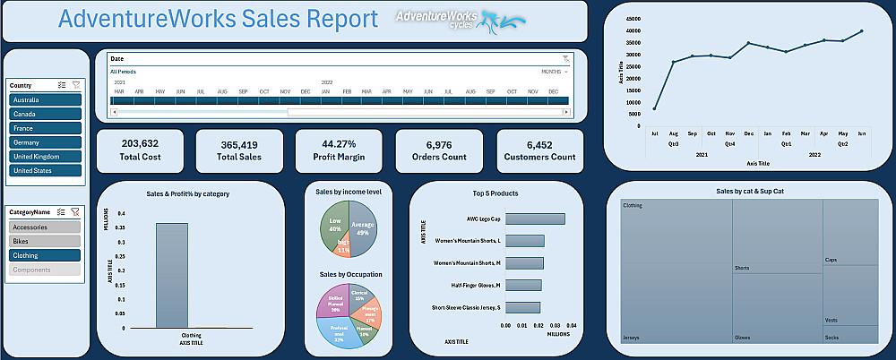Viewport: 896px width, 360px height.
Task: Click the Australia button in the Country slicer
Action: [x=46, y=100]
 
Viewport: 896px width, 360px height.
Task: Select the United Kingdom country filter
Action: [x=46, y=157]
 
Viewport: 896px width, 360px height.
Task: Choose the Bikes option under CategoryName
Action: [x=46, y=241]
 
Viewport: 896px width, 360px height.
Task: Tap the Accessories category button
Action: [x=46, y=227]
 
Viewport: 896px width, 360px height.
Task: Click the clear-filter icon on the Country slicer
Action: [x=76, y=85]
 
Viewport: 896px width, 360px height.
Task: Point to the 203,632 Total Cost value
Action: [x=140, y=143]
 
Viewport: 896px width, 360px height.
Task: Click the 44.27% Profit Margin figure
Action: [x=340, y=143]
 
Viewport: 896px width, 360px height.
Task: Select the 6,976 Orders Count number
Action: [x=439, y=144]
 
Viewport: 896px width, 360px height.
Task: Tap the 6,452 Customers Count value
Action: [x=539, y=144]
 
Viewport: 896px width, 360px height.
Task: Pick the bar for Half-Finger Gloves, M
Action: [x=523, y=286]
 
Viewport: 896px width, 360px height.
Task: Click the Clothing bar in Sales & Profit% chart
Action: [x=172, y=275]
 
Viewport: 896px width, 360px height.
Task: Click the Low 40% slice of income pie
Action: [x=336, y=224]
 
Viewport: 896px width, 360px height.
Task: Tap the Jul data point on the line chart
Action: [x=654, y=109]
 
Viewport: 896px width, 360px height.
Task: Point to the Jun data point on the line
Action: [x=862, y=31]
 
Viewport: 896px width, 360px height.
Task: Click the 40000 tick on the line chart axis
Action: [x=633, y=30]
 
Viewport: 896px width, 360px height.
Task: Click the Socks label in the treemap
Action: [x=832, y=338]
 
